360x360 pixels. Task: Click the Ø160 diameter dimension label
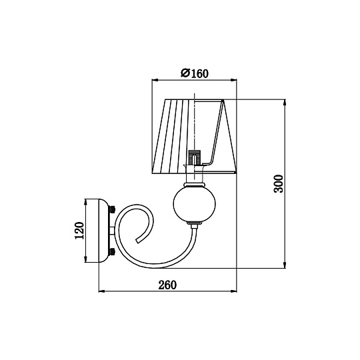[x=195, y=73]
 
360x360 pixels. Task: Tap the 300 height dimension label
[x=279, y=184]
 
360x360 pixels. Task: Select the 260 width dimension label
[x=167, y=285]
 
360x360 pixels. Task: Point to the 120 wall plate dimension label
[x=80, y=230]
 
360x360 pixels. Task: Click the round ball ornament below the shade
[x=194, y=203]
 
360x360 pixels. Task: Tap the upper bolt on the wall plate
[x=112, y=209]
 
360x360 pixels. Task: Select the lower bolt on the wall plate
[x=112, y=251]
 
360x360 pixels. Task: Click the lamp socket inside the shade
[x=195, y=157]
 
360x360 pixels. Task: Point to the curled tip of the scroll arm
[x=138, y=241]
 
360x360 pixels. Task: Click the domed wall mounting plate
[x=104, y=231]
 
